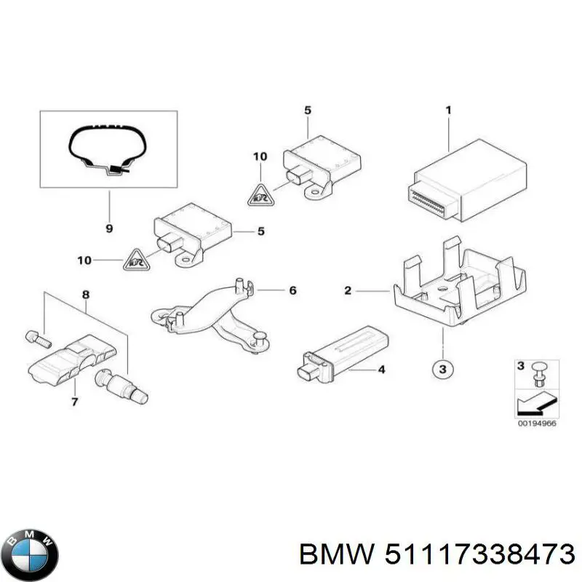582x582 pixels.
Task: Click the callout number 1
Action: tap(448, 111)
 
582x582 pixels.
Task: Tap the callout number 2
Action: tap(348, 291)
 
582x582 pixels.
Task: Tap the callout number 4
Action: tap(380, 370)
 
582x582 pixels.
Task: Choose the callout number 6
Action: tap(292, 291)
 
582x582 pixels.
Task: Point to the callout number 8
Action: tap(85, 295)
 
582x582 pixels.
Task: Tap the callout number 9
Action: tap(108, 229)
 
